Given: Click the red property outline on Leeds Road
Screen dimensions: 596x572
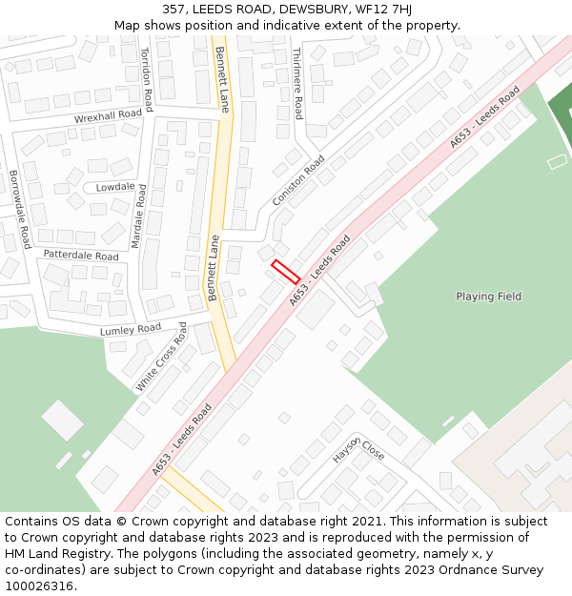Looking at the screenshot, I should [286, 272].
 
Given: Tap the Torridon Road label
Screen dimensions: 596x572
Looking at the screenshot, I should [146, 79].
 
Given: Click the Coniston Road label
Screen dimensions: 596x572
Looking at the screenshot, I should [298, 180].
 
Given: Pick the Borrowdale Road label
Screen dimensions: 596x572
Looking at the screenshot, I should [20, 209].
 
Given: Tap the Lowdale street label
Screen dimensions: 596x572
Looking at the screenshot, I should [115, 187].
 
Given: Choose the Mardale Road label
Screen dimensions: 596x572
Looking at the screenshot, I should [138, 216].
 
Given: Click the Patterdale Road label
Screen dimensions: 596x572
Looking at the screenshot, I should [81, 256].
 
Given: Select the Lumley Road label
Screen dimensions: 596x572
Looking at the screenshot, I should [131, 329].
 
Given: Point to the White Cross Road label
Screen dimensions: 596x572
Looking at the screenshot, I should [162, 356].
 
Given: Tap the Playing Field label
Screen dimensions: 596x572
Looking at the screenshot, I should [488, 297].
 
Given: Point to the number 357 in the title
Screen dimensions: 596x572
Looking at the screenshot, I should [187, 10].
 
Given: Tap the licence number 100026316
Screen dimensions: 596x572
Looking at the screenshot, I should [40, 586].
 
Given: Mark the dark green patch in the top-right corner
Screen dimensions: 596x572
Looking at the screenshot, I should [559, 110].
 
